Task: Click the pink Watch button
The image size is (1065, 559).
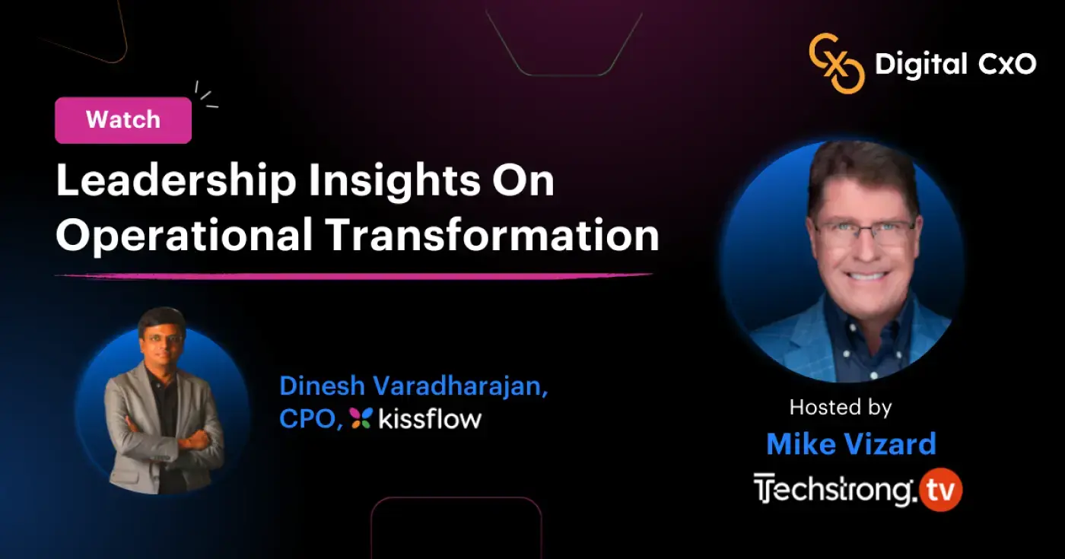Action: [x=123, y=120]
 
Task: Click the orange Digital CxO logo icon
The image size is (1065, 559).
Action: [x=836, y=63]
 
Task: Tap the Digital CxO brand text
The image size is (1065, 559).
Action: [x=955, y=65]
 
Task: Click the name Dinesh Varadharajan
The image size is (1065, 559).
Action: [x=414, y=386]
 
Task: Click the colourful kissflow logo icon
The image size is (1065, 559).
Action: [x=361, y=418]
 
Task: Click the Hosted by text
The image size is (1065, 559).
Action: [x=840, y=407]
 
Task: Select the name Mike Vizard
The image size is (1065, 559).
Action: [x=850, y=444]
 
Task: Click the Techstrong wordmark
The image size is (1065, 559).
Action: [x=834, y=490]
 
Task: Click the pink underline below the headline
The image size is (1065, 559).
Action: [x=354, y=275]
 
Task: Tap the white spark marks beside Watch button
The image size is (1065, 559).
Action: [x=204, y=95]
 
